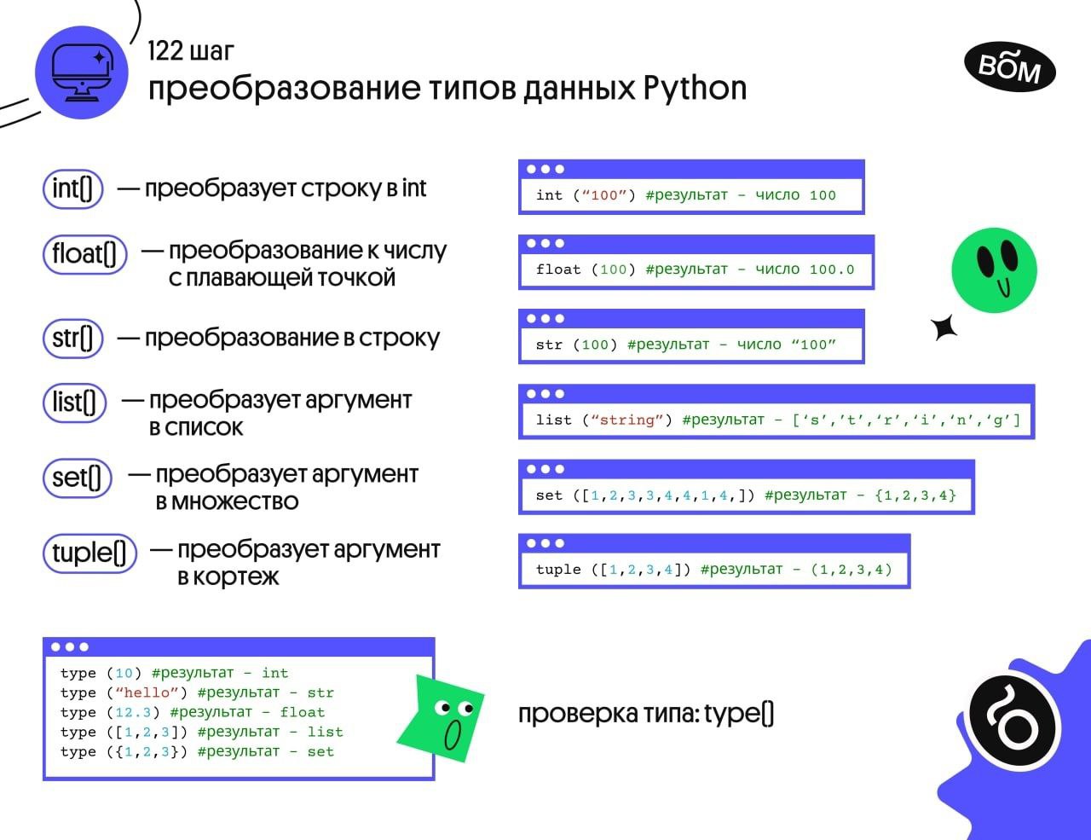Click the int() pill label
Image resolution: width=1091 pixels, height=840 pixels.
72,188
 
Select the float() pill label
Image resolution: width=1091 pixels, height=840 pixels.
84,253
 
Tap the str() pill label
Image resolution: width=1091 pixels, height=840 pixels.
72,338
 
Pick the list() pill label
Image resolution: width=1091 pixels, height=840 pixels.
74,403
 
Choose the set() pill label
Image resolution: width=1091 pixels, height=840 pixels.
76,477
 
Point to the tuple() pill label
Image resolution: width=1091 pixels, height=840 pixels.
89,553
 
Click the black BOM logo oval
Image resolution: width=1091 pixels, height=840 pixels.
1009,67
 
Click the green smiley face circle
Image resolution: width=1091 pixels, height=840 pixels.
994,269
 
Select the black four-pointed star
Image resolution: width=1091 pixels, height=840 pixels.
944,327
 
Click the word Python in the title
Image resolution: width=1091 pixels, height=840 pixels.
695,88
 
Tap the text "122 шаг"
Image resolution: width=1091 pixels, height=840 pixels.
190,51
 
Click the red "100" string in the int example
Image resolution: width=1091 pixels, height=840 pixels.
603,195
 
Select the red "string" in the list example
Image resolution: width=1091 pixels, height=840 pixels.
627,420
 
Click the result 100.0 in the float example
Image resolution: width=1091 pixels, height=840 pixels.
831,269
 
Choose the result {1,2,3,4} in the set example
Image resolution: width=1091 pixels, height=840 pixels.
915,495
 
